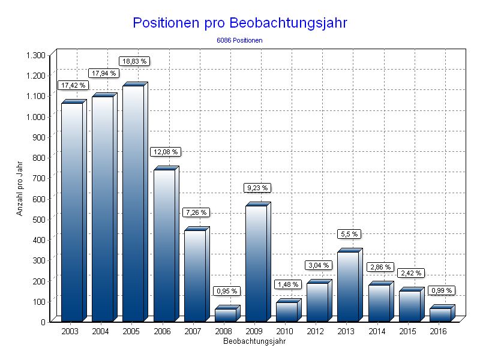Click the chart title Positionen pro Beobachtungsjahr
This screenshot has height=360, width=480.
tap(239, 23)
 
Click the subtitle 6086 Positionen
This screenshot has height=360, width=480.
tap(239, 41)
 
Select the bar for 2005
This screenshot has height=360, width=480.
tap(133, 204)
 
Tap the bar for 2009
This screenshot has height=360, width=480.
tap(256, 264)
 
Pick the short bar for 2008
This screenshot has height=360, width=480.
tap(226, 314)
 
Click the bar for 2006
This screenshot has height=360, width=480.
tap(164, 246)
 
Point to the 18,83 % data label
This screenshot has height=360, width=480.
tap(134, 61)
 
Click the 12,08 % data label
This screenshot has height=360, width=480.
tap(164, 152)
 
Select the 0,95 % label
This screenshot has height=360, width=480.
tap(226, 291)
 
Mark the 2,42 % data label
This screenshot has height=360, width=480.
tap(410, 273)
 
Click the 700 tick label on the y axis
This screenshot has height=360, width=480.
tap(39, 178)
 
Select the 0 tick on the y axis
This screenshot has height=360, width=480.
tap(43, 322)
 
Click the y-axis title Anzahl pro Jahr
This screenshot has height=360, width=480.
tap(19, 188)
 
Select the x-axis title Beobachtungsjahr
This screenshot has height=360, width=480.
tap(254, 341)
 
